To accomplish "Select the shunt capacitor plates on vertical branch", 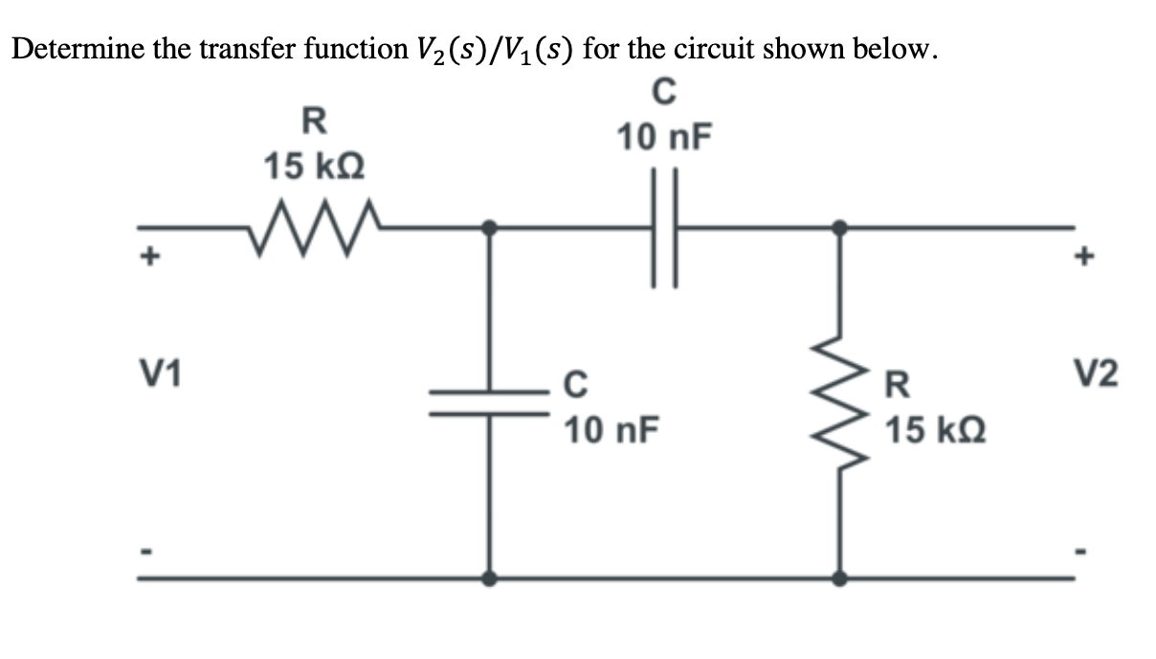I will [490, 401].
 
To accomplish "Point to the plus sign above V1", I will [149, 258].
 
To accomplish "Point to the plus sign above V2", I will [1085, 258].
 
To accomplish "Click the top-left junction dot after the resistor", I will [490, 228].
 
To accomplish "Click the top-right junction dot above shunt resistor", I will [839, 228].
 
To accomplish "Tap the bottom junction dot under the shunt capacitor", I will [490, 579].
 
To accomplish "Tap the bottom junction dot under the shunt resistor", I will [839, 579].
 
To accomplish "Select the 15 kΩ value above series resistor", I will [314, 167].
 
